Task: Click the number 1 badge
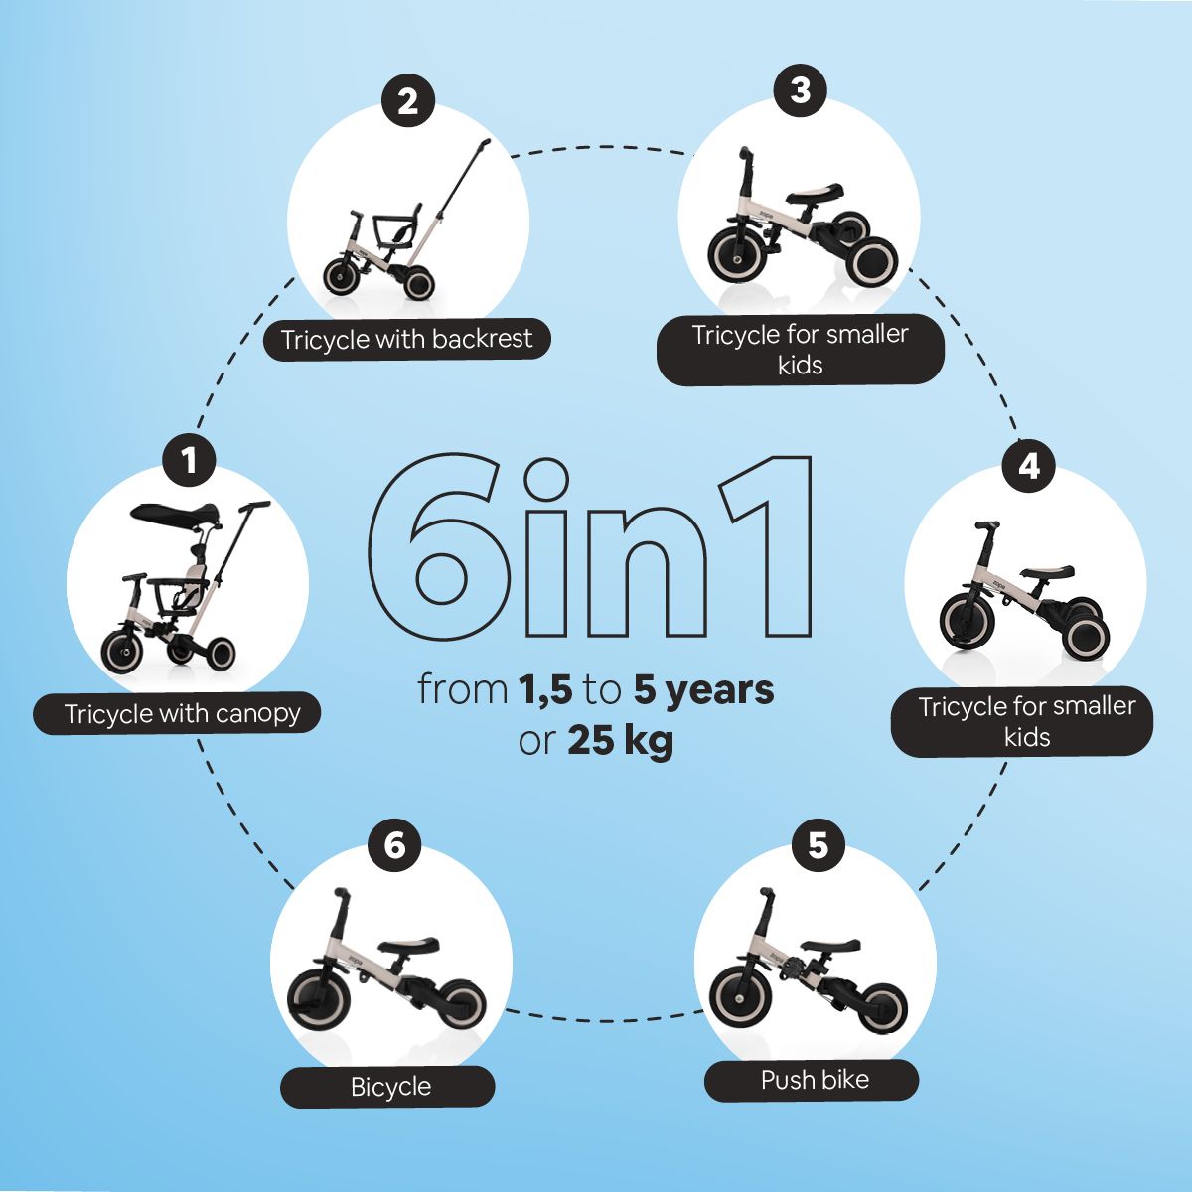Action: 189,461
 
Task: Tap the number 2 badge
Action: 407,102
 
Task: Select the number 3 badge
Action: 801,91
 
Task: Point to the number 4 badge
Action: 1028,466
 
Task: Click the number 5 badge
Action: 818,845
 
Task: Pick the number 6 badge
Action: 394,845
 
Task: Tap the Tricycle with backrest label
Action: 407,339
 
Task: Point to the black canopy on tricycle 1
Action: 175,513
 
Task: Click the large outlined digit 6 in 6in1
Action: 440,546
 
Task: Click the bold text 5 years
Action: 704,690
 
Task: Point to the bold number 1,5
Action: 545,690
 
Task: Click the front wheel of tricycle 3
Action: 739,257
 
